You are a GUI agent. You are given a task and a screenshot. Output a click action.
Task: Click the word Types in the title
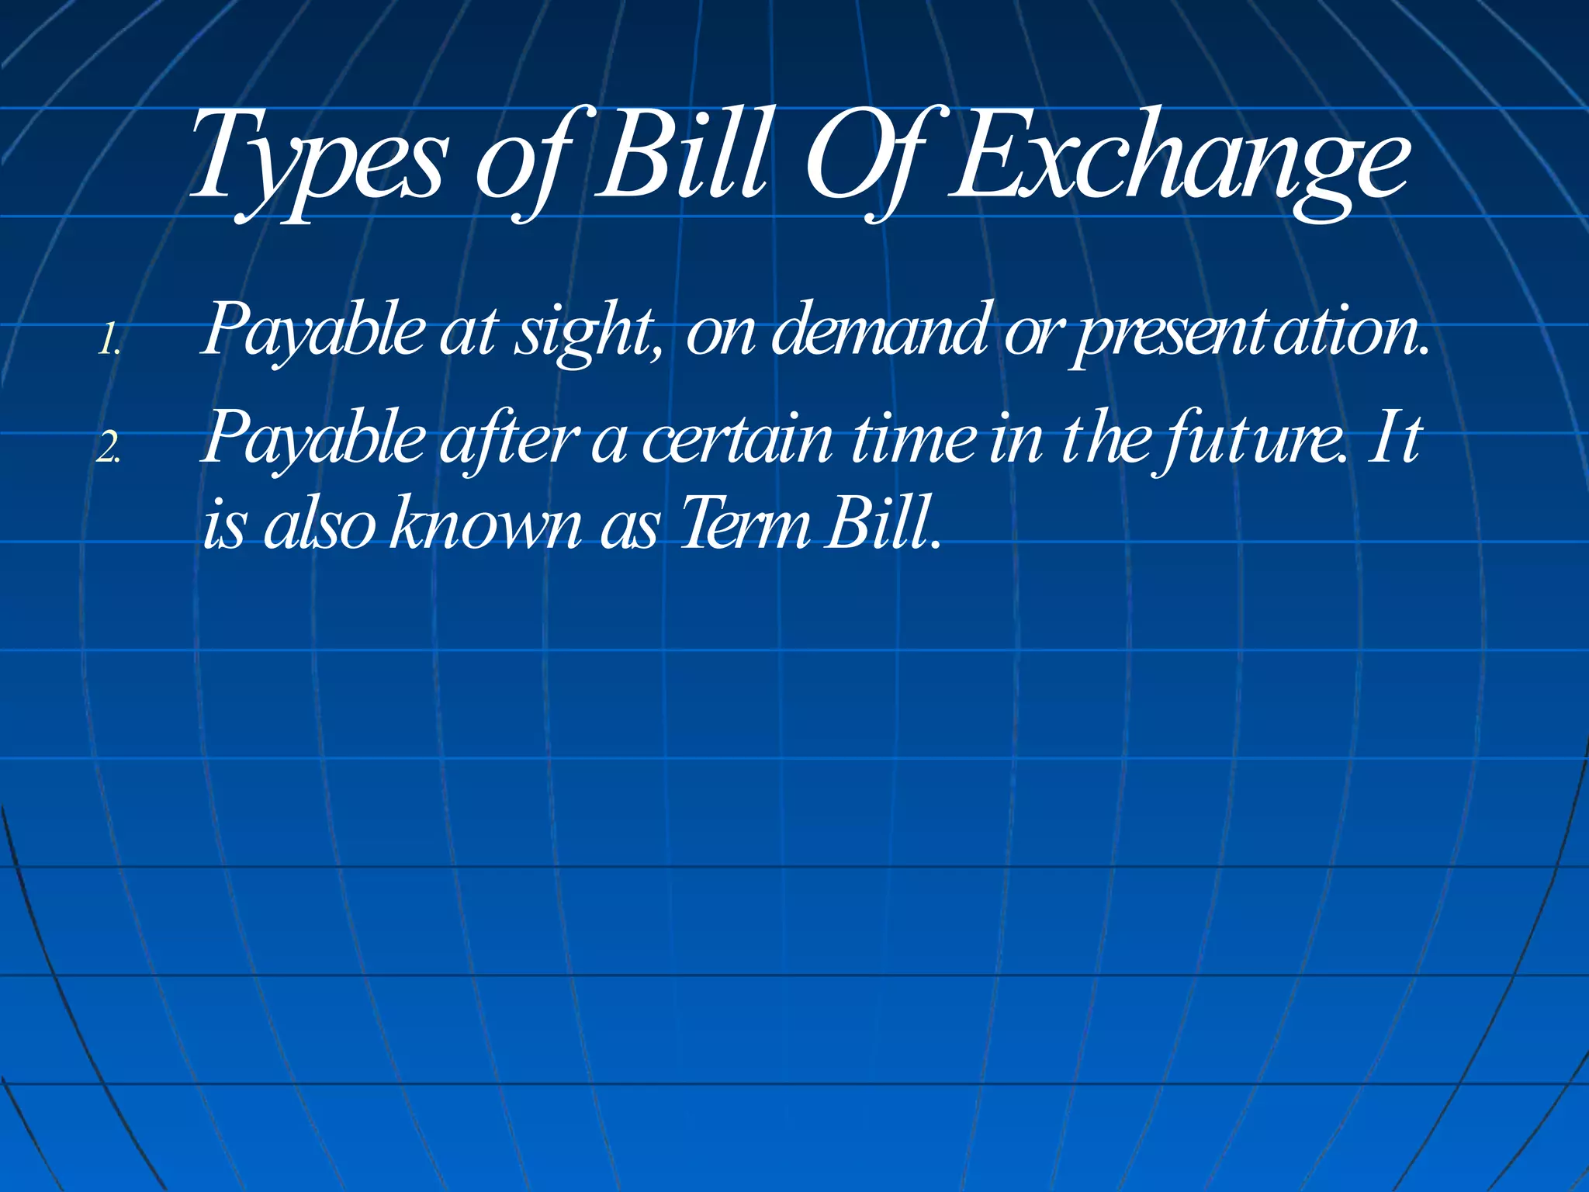(318, 159)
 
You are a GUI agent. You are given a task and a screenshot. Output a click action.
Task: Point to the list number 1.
(109, 341)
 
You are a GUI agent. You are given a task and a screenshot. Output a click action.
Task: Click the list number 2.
(109, 449)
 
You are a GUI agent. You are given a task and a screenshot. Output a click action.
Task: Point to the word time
(913, 439)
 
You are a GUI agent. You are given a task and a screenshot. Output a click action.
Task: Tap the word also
(318, 523)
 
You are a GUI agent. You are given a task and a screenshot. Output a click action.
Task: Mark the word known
(486, 523)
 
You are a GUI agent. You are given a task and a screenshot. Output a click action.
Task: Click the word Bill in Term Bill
(881, 523)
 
